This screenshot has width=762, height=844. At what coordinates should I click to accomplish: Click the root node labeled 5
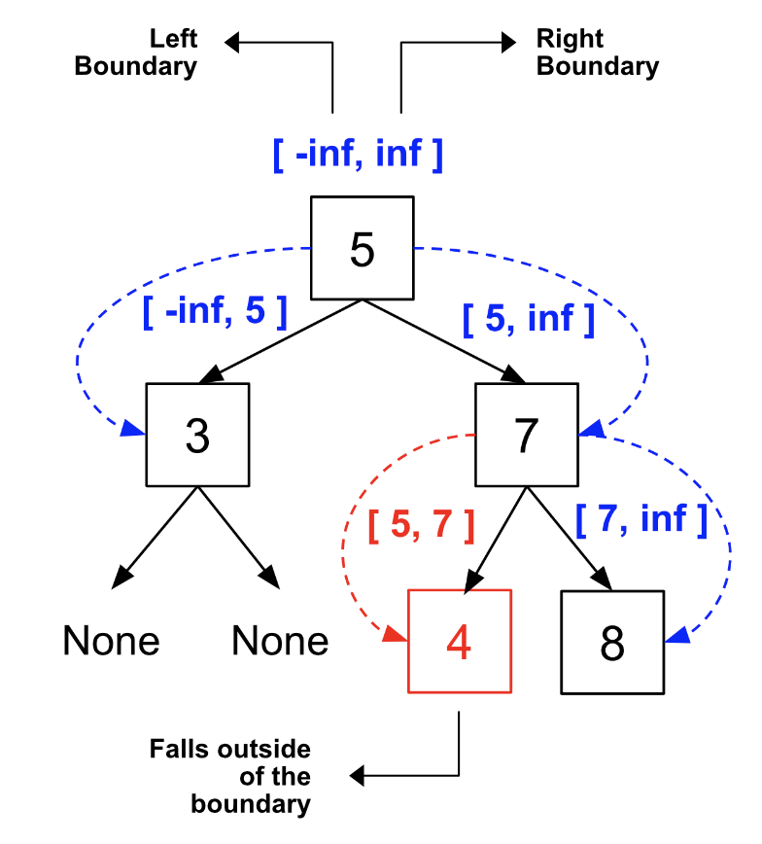(x=362, y=248)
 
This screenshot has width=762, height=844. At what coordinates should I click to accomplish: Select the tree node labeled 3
(x=197, y=435)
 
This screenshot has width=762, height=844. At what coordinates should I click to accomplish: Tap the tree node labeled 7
(x=526, y=435)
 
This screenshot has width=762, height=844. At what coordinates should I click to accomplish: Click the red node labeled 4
(x=459, y=642)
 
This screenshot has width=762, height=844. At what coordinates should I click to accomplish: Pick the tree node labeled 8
(x=612, y=642)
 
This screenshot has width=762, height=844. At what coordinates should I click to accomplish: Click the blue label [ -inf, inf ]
(x=358, y=154)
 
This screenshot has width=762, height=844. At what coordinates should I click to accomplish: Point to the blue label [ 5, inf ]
(x=528, y=318)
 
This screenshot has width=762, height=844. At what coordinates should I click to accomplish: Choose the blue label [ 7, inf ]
(x=641, y=519)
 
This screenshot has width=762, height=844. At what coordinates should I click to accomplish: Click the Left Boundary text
(x=136, y=53)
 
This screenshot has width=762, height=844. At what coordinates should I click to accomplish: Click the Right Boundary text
(x=597, y=53)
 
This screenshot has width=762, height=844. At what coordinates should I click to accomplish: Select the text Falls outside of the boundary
(x=230, y=777)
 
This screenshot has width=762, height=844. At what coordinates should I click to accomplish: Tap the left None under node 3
(x=111, y=642)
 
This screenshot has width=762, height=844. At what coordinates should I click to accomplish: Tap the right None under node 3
(x=280, y=642)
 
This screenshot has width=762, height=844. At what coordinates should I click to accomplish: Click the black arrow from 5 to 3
(x=282, y=340)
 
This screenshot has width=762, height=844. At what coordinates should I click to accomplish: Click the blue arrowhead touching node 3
(x=134, y=431)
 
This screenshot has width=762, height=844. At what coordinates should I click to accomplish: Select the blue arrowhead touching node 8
(x=678, y=635)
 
